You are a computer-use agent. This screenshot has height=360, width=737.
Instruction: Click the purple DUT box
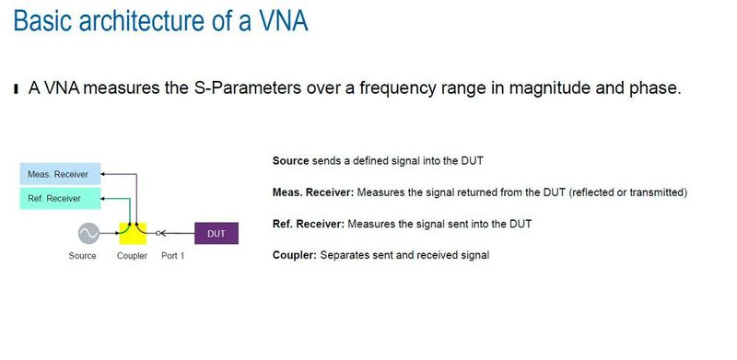click(x=216, y=234)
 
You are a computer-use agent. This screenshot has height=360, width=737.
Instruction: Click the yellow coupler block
click(x=134, y=234)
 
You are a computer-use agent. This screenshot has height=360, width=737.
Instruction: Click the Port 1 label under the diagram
click(x=173, y=256)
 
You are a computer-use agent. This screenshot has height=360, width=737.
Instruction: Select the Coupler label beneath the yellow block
click(x=132, y=256)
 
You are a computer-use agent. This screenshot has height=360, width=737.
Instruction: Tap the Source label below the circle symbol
click(x=82, y=256)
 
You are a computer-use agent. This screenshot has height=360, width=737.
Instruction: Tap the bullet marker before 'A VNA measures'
click(x=15, y=89)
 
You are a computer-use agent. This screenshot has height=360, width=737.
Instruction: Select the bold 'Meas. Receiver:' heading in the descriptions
click(x=312, y=192)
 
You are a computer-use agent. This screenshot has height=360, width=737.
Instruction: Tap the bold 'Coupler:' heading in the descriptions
click(x=294, y=254)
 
